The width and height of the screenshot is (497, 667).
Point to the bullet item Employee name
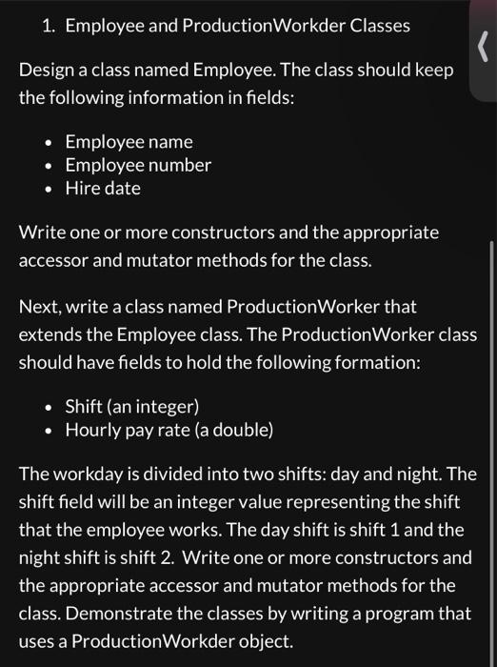(129, 142)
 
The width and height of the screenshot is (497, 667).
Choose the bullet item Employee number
(138, 165)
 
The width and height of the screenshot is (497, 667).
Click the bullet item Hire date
(103, 188)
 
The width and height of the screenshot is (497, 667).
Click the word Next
(39, 308)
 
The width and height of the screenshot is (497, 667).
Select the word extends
(50, 335)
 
